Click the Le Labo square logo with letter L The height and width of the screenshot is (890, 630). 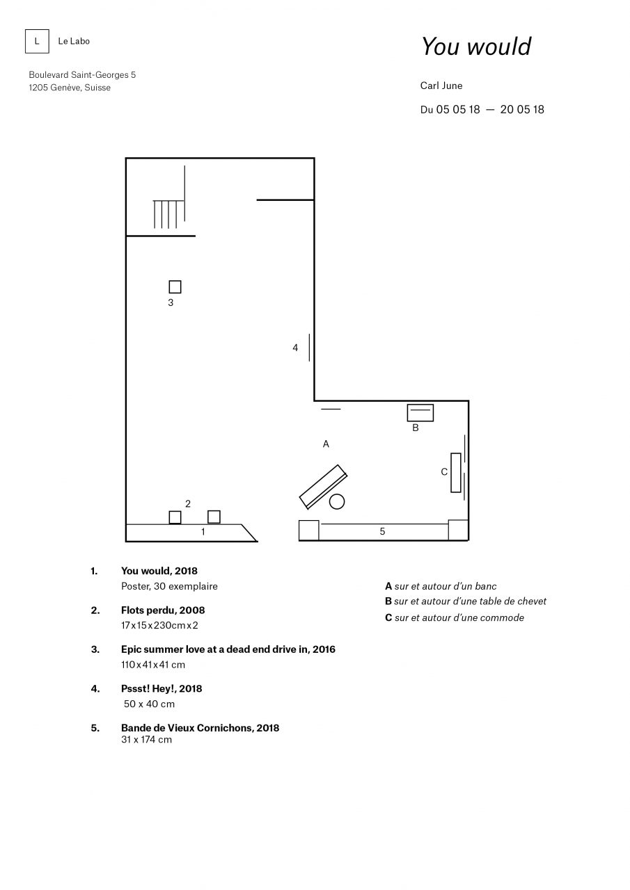pyautogui.click(x=37, y=41)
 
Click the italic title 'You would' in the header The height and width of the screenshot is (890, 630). pyautogui.click(x=476, y=46)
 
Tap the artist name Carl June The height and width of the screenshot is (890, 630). pyautogui.click(x=441, y=86)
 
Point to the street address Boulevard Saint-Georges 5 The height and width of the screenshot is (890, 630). pyautogui.click(x=82, y=74)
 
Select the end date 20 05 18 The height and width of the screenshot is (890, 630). pyautogui.click(x=522, y=109)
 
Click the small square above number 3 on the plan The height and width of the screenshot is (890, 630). pyautogui.click(x=175, y=286)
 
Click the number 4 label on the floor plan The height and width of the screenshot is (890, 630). pyautogui.click(x=295, y=348)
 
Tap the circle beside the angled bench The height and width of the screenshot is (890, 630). pyautogui.click(x=337, y=501)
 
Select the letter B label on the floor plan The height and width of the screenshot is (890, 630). pyautogui.click(x=415, y=428)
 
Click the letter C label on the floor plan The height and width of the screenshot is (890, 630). pyautogui.click(x=444, y=471)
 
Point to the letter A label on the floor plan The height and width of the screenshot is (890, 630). pyautogui.click(x=326, y=444)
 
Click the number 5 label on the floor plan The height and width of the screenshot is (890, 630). pyautogui.click(x=382, y=531)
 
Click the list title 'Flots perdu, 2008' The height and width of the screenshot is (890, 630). pyautogui.click(x=163, y=610)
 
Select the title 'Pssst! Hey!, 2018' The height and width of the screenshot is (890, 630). pyautogui.click(x=162, y=688)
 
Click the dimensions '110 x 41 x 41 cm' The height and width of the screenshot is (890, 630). pyautogui.click(x=153, y=665)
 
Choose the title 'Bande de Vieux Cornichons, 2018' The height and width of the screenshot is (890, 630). pyautogui.click(x=200, y=728)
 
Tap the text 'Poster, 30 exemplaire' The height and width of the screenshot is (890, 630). pyautogui.click(x=169, y=586)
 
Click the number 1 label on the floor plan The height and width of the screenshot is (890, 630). pyautogui.click(x=203, y=532)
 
